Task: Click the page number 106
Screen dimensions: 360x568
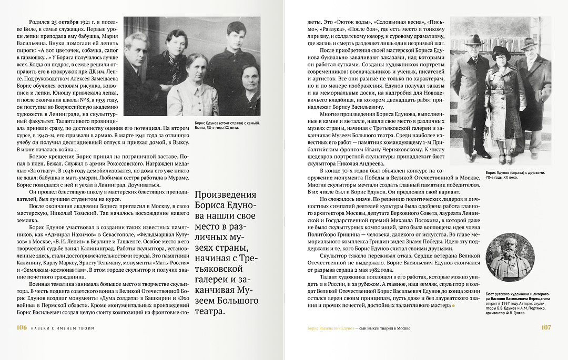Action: click(x=22, y=327)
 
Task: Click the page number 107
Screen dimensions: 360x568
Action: click(x=546, y=327)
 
